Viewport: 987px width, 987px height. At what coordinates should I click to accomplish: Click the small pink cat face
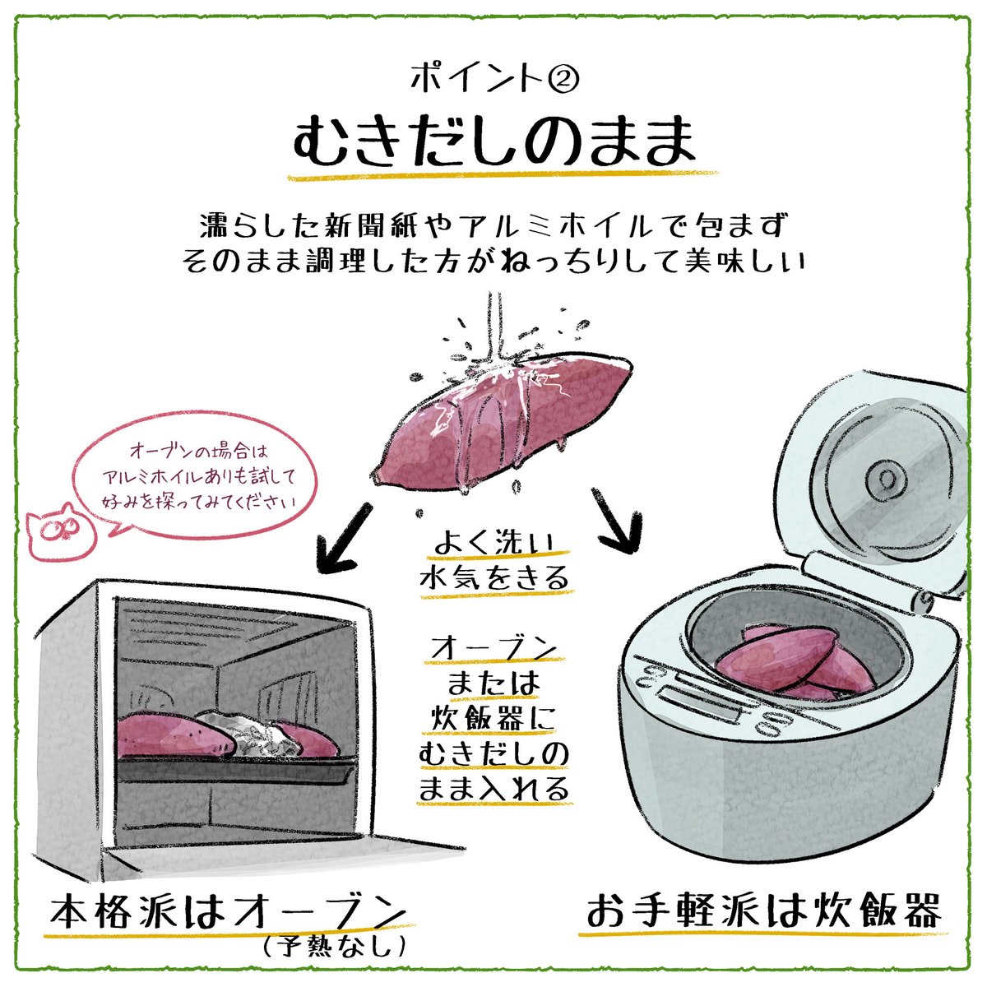click(x=56, y=531)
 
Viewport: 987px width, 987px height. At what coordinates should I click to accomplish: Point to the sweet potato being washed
click(x=502, y=419)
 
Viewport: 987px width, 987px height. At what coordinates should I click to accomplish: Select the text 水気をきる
click(x=493, y=578)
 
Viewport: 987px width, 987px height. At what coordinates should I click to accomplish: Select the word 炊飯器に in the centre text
click(x=493, y=718)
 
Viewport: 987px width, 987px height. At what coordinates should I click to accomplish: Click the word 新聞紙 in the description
click(x=345, y=225)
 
